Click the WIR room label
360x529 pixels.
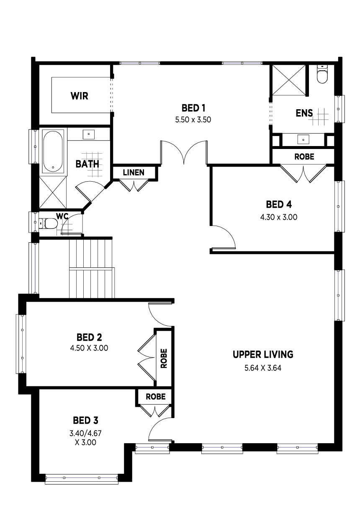(80, 96)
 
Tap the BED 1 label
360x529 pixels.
(193, 108)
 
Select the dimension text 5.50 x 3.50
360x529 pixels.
(193, 120)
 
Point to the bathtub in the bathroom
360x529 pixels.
(53, 151)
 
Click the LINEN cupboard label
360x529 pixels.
(134, 172)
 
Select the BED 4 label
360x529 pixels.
(279, 205)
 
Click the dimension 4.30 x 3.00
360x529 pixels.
(279, 217)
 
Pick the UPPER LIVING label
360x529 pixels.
(263, 354)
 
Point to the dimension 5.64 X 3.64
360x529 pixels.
(263, 368)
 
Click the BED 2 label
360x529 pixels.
(89, 337)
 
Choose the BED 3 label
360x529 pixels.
(85, 421)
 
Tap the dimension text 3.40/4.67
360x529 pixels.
(85, 433)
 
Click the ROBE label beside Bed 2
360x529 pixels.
(164, 359)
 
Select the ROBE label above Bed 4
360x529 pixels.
(304, 157)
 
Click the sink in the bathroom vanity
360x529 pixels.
(89, 134)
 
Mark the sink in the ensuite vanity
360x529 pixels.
(303, 139)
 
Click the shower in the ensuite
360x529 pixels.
(289, 80)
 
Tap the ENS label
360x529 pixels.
(304, 113)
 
